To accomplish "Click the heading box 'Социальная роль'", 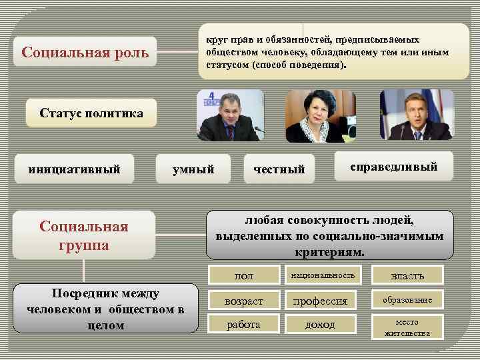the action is (84, 51).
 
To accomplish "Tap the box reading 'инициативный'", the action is (74, 169).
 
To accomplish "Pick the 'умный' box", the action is (193, 169).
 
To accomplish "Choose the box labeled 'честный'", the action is (279, 169).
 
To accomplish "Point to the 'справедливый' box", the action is (393, 167).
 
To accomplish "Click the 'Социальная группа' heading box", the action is (84, 235).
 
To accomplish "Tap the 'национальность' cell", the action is (323, 275).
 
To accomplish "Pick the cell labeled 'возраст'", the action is (244, 301).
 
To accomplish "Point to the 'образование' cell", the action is (407, 300).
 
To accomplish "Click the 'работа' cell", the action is (244, 324).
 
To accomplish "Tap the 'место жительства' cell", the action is (407, 327).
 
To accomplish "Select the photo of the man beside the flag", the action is (416, 115).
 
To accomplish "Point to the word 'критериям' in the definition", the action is (329, 253).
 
